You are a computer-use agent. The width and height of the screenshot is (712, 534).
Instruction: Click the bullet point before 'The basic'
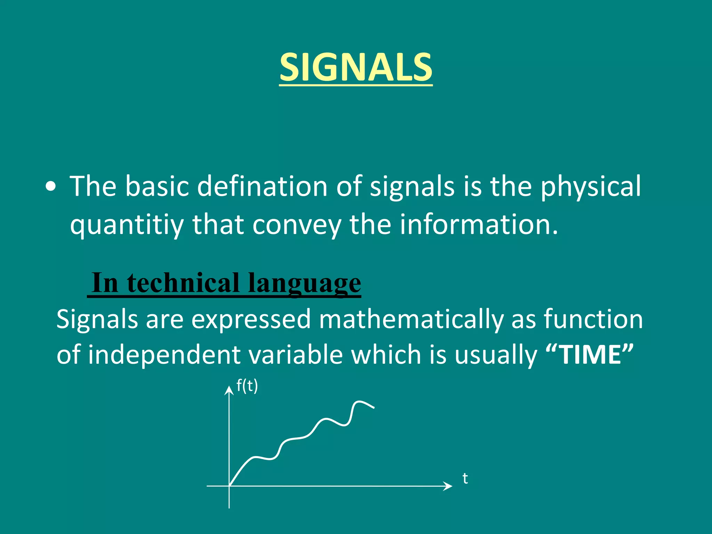tap(51, 187)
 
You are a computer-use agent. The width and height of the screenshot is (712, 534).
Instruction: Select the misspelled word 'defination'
tap(262, 186)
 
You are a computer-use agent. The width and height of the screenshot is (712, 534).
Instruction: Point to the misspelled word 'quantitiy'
tap(127, 225)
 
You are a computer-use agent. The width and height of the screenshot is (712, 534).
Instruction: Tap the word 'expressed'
tap(251, 319)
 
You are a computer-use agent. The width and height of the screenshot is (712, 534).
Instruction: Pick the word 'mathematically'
tap(411, 319)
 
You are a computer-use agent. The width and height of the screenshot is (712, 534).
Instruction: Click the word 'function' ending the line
tap(593, 319)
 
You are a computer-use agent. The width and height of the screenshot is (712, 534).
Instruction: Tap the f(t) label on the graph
tap(247, 386)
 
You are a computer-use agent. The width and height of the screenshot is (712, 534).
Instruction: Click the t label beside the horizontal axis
tap(465, 479)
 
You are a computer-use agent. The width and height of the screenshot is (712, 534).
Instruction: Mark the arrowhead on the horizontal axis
tap(449, 486)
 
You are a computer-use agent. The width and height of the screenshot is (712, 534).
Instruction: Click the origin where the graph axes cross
tap(229, 486)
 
